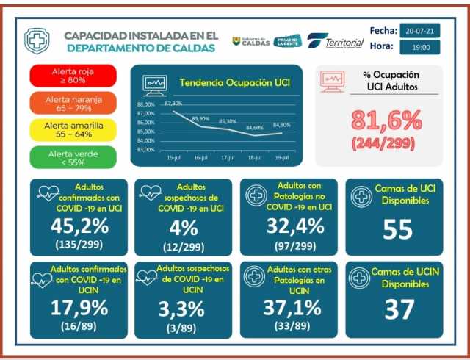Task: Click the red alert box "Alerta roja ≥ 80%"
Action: coord(73,76)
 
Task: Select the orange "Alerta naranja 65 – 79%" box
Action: coord(73,103)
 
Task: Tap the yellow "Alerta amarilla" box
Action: coord(73,130)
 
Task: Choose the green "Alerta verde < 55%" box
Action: coord(73,157)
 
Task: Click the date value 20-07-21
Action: coord(420,31)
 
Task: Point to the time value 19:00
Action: coord(420,47)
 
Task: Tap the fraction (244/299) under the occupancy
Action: coord(386,143)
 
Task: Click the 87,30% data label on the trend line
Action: coord(173,104)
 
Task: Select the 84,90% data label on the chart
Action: coord(281,126)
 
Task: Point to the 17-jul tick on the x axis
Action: coord(228,158)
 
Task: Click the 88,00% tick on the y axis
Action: coord(145,105)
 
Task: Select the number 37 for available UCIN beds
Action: coord(399,309)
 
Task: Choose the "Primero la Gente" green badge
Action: coord(287,41)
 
